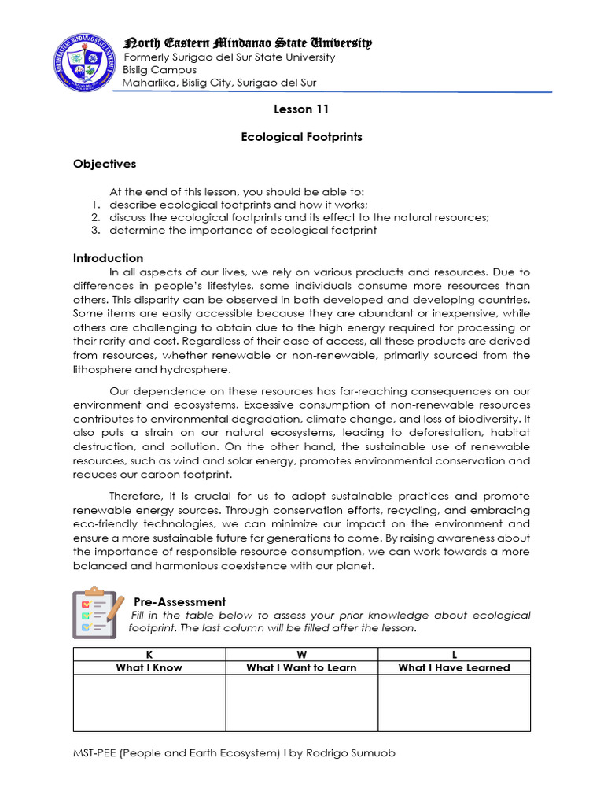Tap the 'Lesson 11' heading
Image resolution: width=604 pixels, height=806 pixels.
pyautogui.click(x=301, y=109)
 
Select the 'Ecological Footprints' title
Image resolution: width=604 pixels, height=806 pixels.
pyautogui.click(x=301, y=136)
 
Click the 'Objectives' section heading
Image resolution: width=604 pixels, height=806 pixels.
pyautogui.click(x=105, y=164)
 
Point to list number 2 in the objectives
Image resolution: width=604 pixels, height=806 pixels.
pyautogui.click(x=93, y=217)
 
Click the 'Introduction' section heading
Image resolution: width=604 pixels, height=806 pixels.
pyautogui.click(x=109, y=258)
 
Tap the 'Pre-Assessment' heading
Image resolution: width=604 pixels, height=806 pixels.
pyautogui.click(x=179, y=601)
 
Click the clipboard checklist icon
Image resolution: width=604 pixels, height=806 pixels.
pyautogui.click(x=97, y=612)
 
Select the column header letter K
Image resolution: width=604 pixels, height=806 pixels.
pyautogui.click(x=149, y=654)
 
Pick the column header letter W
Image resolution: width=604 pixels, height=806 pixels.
pyautogui.click(x=301, y=654)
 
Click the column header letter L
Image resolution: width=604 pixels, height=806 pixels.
pyautogui.click(x=454, y=654)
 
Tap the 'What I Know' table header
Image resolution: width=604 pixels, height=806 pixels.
pyautogui.click(x=149, y=667)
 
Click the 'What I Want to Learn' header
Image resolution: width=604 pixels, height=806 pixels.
pyautogui.click(x=301, y=667)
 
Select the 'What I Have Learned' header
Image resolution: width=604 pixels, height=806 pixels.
pyautogui.click(x=454, y=667)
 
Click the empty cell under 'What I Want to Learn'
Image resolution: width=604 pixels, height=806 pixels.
pyautogui.click(x=301, y=703)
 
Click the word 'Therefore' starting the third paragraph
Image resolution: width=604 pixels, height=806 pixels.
pyautogui.click(x=135, y=496)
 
